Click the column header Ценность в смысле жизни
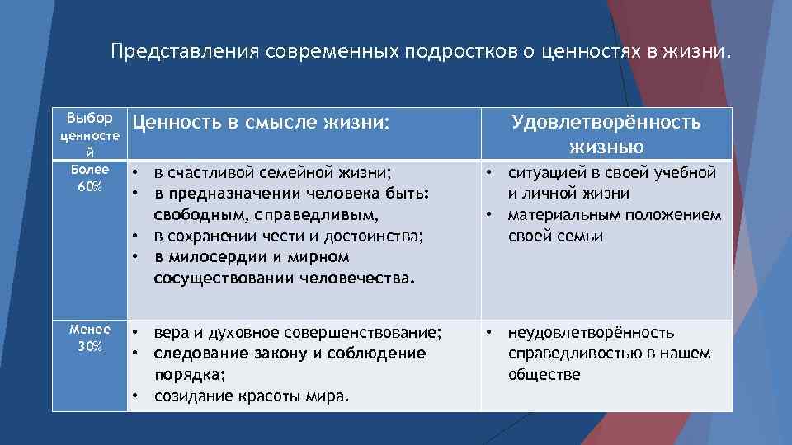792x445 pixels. [x=260, y=123]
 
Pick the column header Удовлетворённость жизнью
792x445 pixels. [x=606, y=134]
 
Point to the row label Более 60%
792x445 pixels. [x=90, y=178]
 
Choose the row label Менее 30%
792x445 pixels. [x=90, y=338]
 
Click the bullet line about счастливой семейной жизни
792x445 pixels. [x=272, y=173]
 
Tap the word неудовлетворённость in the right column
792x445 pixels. [x=591, y=333]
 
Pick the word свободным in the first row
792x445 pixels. [x=190, y=215]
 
